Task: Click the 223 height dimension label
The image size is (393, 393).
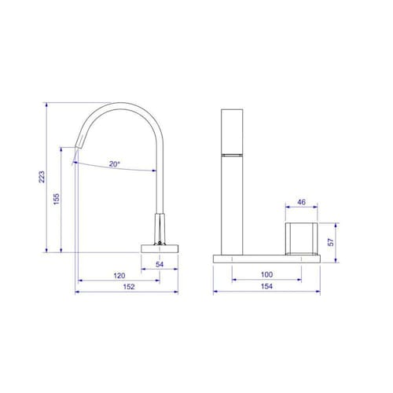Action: (x=42, y=177)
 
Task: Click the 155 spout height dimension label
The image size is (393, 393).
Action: (x=57, y=199)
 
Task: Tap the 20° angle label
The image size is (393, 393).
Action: (x=115, y=164)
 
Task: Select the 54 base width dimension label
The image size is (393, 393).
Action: (x=160, y=264)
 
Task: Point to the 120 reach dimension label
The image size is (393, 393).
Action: (x=119, y=276)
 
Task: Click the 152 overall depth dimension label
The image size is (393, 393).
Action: (x=129, y=287)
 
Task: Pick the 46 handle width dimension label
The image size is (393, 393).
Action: (x=301, y=202)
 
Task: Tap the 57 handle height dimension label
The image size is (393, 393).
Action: (x=331, y=242)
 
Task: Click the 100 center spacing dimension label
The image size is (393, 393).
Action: (x=266, y=274)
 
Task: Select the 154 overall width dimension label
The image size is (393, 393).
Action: (x=266, y=286)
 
